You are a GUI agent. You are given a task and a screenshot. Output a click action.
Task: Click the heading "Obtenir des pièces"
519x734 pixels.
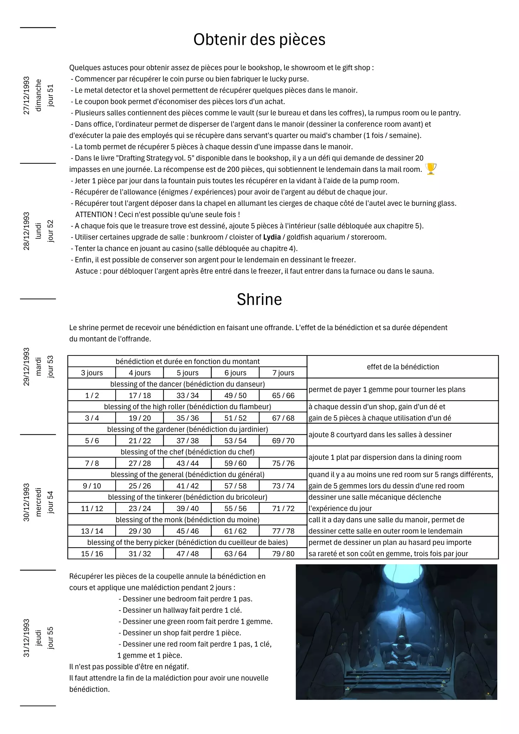point(259,39)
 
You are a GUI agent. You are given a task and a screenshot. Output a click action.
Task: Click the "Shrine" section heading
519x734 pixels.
point(259,300)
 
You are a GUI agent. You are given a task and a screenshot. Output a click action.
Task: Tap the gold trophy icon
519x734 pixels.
point(431,169)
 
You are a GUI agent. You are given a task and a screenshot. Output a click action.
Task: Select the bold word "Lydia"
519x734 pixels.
point(272,237)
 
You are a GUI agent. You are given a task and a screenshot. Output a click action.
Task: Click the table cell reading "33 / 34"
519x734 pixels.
point(188,395)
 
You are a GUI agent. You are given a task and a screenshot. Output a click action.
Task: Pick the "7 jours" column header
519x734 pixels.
point(283,373)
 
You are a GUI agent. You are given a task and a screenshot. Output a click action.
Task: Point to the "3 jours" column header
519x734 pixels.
point(92,373)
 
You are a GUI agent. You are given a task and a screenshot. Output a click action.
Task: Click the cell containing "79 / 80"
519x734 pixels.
point(283,554)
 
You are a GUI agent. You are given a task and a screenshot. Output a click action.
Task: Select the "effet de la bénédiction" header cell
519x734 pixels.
point(403,367)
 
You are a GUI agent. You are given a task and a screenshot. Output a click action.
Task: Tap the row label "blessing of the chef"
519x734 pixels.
point(188,452)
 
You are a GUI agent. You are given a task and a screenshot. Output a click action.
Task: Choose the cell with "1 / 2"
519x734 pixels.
point(92,395)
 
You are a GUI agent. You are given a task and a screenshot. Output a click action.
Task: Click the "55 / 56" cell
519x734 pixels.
point(235,508)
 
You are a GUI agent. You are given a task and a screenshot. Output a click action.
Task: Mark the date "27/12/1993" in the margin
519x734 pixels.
point(26,95)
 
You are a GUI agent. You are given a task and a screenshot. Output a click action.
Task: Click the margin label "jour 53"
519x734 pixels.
point(51,366)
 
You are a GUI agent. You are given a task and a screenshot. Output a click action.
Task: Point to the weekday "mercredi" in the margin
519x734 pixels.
point(38,502)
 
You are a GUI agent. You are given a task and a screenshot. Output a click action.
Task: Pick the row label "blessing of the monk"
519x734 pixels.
point(188,520)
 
